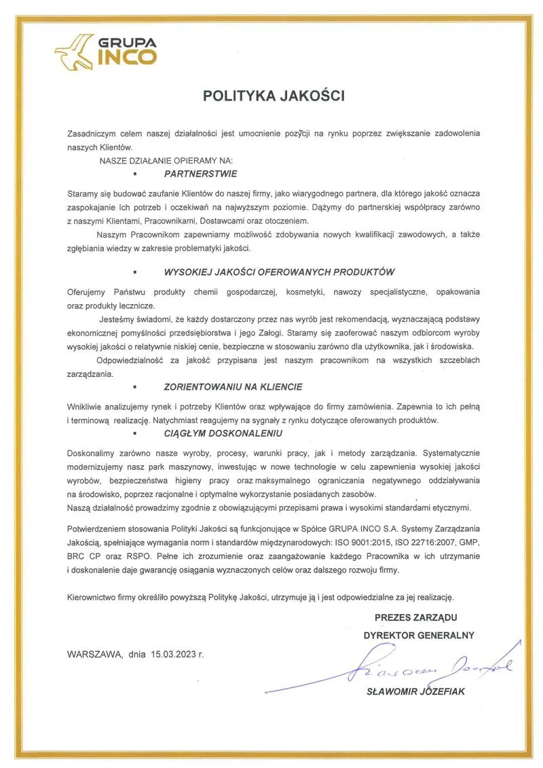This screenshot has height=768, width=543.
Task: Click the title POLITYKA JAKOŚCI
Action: tap(274, 96)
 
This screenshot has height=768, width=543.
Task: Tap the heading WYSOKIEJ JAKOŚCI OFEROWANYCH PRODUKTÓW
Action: tap(279, 272)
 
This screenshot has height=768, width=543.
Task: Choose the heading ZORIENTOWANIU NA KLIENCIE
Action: tap(233, 386)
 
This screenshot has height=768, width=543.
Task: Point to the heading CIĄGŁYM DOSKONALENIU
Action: tap(223, 433)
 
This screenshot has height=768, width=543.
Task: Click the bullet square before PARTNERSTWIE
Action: tap(136, 175)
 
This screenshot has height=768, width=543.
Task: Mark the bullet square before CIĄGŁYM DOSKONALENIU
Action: tap(136, 433)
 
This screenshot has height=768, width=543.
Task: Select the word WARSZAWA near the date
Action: tap(94, 655)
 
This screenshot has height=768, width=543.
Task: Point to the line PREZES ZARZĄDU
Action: tap(415, 617)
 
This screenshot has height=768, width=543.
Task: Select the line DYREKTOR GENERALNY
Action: tap(419, 636)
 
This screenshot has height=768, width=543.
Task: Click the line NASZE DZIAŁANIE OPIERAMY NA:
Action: tap(166, 161)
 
